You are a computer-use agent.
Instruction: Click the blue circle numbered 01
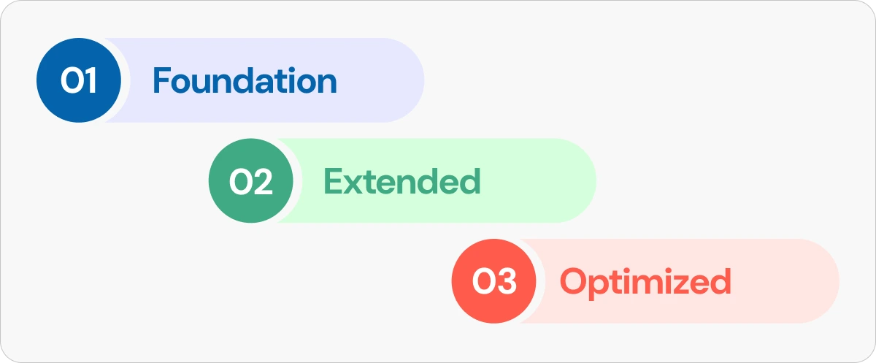79,80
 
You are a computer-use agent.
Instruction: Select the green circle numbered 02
250,180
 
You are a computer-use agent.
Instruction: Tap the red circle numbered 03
494,281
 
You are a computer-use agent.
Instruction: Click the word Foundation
245,80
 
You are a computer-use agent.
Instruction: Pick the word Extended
402,181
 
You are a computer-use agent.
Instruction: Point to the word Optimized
645,283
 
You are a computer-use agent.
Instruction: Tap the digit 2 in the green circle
262,181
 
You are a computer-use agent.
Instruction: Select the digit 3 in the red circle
507,281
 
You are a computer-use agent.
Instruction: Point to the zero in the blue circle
72,80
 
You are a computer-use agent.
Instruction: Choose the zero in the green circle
240,181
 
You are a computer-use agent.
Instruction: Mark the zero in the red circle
483,281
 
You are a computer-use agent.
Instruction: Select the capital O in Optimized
575,281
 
